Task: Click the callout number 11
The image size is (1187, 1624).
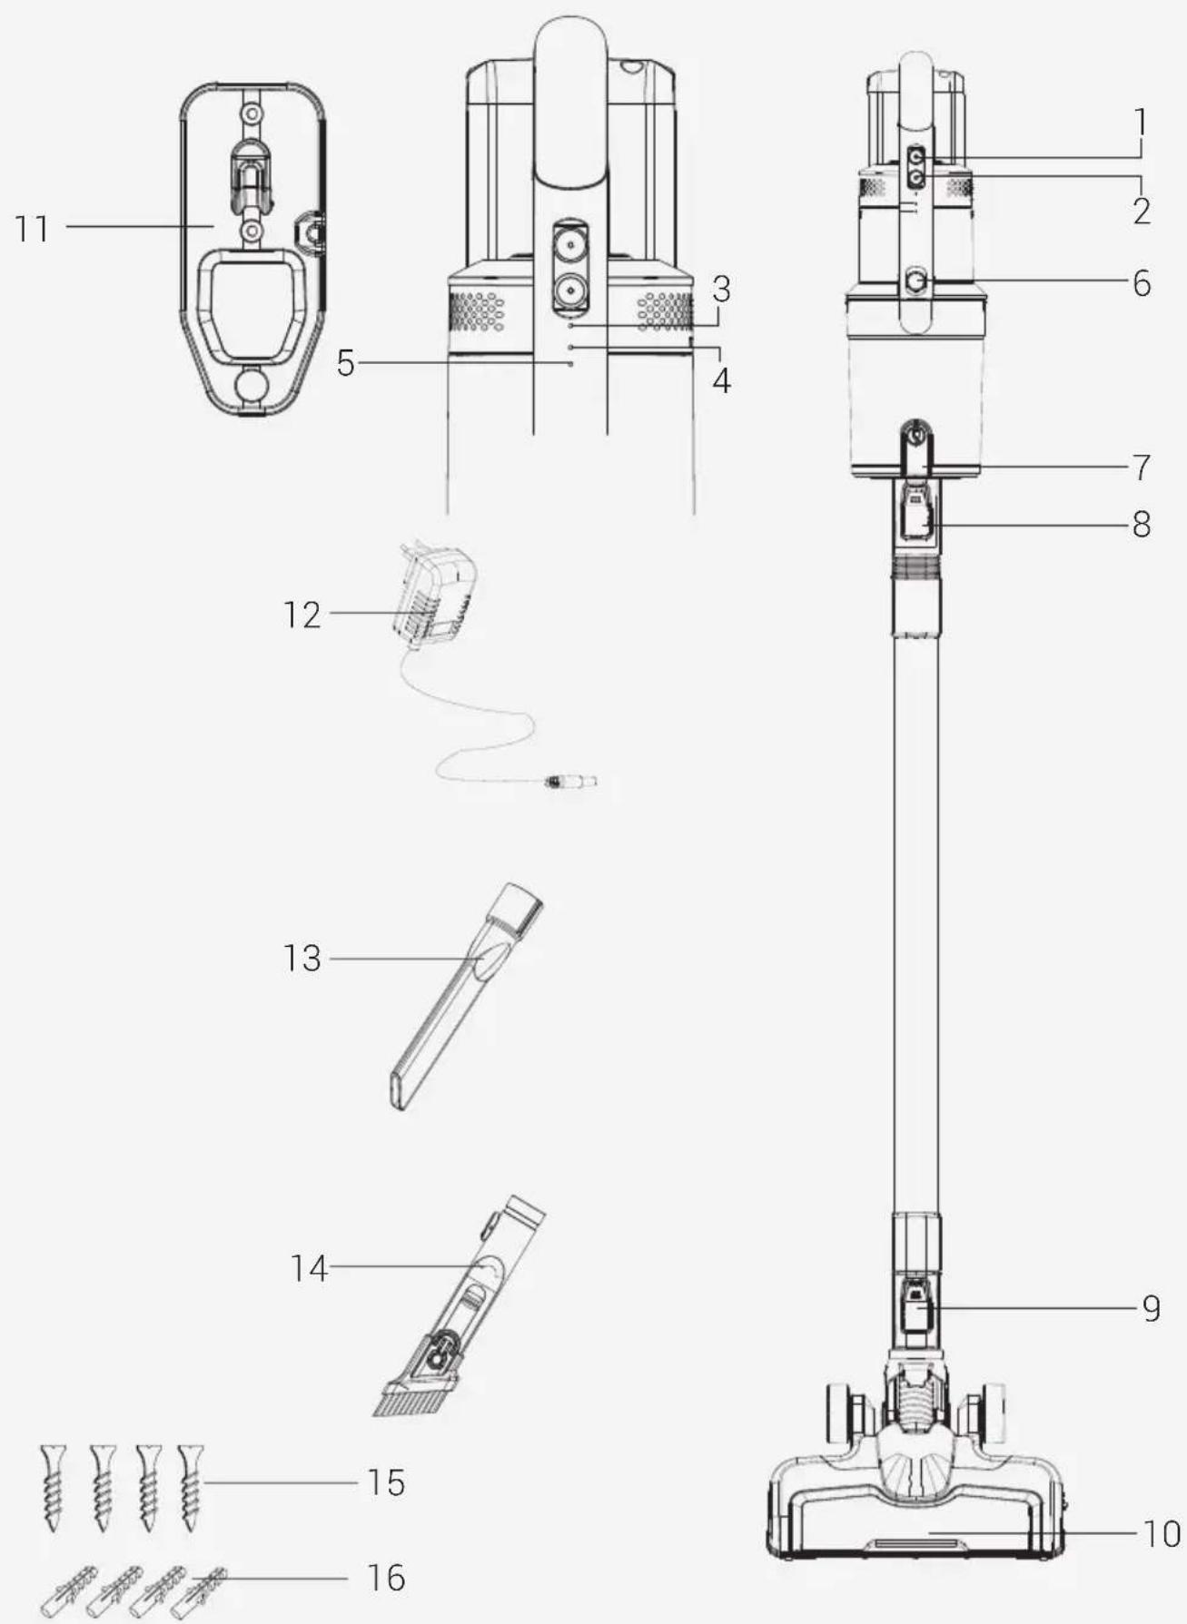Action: (x=33, y=228)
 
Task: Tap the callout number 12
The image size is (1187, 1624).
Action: (x=302, y=615)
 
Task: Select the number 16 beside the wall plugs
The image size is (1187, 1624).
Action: (x=386, y=1578)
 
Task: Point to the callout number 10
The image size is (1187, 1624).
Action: (x=1161, y=1533)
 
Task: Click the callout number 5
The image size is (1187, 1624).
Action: (x=345, y=364)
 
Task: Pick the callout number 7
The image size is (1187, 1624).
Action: (x=1141, y=468)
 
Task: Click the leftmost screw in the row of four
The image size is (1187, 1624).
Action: (x=54, y=1486)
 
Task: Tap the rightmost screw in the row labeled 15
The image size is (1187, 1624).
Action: (x=191, y=1486)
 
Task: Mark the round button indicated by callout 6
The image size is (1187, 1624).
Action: (x=915, y=283)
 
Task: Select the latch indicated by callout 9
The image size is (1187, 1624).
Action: (x=916, y=1308)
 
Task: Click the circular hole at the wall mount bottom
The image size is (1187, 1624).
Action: (x=251, y=385)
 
